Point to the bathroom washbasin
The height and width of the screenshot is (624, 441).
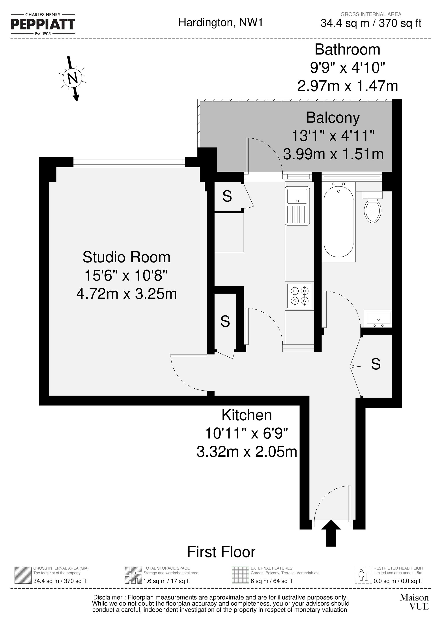tap(378, 319)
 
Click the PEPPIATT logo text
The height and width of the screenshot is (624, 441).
tap(43, 24)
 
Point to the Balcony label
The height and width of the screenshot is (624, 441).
tap(333, 118)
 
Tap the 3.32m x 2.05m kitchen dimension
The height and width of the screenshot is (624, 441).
tap(247, 452)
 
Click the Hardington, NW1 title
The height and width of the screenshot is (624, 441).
tap(220, 22)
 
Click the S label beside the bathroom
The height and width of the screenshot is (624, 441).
tap(376, 364)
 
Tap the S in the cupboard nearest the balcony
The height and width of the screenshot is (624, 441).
tap(227, 196)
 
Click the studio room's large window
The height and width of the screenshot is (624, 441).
tap(129, 162)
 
